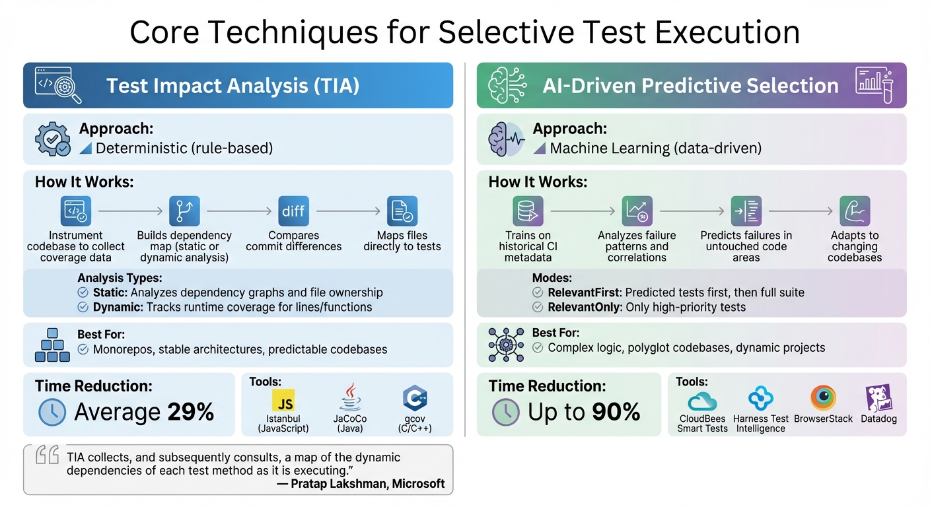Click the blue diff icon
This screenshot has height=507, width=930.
[x=293, y=211]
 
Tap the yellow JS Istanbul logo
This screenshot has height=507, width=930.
[x=283, y=400]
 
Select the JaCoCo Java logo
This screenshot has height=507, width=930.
[x=350, y=398]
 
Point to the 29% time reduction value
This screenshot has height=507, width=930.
[x=190, y=412]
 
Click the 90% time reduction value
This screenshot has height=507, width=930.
[x=616, y=412]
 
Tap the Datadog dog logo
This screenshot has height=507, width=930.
[x=878, y=399]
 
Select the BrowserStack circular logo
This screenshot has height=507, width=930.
[x=823, y=398]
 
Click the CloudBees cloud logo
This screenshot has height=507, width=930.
[x=702, y=401]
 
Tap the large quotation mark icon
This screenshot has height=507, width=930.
[x=48, y=455]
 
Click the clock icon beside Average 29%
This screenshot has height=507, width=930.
[x=52, y=412]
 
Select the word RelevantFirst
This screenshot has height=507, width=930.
[x=584, y=292]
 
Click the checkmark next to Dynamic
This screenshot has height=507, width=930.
[x=83, y=307]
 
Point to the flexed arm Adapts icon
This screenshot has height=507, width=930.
[x=855, y=211]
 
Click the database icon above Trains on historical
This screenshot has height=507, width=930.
[x=528, y=211]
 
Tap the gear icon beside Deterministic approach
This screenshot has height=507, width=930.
[x=52, y=139]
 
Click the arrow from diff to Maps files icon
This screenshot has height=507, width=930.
[x=348, y=211]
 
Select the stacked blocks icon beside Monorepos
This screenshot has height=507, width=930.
[x=52, y=345]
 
